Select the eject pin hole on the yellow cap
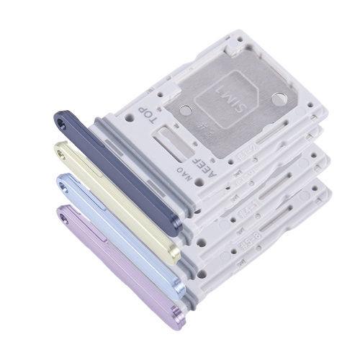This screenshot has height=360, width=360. (62, 153)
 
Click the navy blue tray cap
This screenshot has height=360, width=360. (122, 173)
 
